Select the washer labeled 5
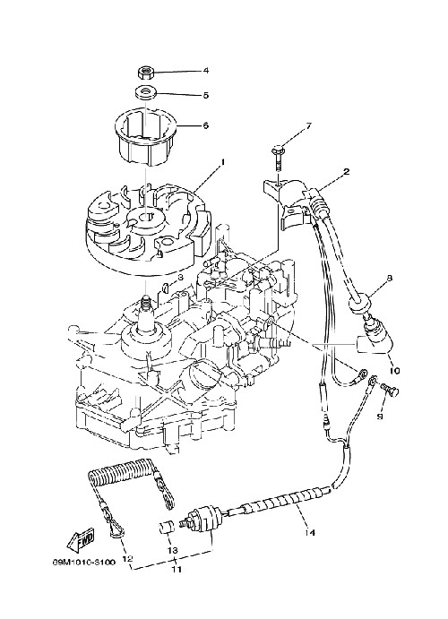[147, 92]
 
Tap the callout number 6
[205, 126]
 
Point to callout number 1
[222, 162]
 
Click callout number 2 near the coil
[346, 172]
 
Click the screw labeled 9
[391, 390]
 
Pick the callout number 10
[394, 371]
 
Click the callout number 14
[310, 532]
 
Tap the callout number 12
[126, 559]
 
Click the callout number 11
[176, 569]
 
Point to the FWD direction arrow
[82, 539]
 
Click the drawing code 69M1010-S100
[84, 562]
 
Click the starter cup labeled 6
[147, 136]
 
